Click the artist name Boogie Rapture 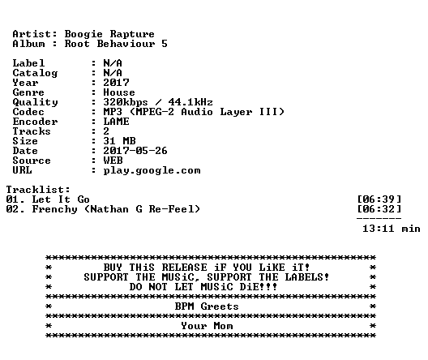pos(109,34)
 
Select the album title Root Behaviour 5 pos(116,44)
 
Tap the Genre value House pos(119,92)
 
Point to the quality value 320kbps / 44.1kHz pos(158,102)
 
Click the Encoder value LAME pos(116,122)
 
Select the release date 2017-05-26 pos(135,151)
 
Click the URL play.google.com pos(152,170)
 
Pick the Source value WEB pos(113,161)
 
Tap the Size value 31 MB pos(119,141)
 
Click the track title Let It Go pos(61,199)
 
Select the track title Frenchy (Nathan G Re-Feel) pos(116,209)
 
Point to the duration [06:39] pos(379,199)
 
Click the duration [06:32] pos(379,209)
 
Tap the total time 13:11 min pos(392,229)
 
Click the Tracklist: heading pos(38,190)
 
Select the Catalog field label pos(35,73)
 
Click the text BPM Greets pos(207,306)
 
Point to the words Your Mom pos(207,326)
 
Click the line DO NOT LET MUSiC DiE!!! pos(203,287)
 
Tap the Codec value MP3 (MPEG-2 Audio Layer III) pos(194,112)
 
